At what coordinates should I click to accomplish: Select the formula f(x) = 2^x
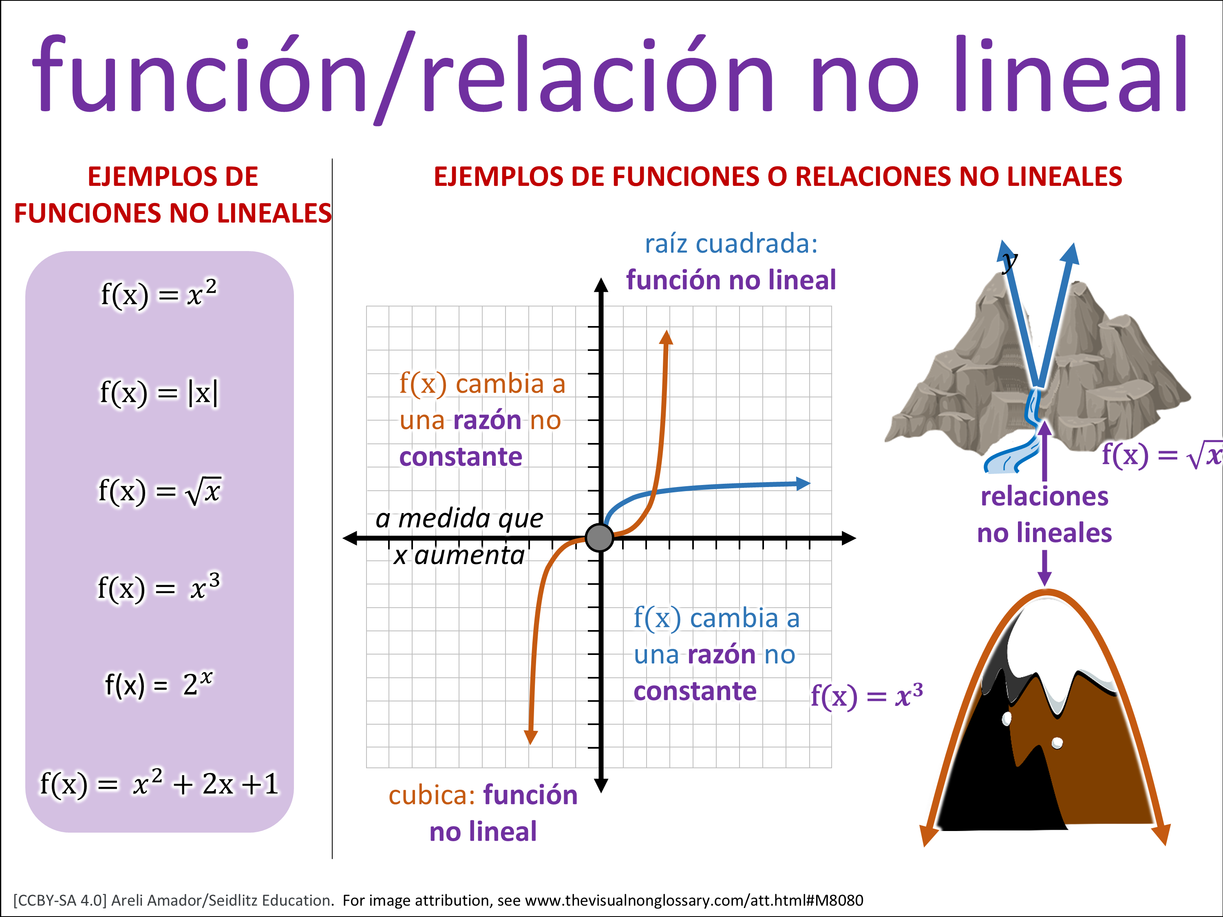159,684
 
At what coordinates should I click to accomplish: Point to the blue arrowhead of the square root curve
803,484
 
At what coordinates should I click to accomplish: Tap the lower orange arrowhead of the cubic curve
531,737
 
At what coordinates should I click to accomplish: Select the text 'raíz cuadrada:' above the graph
731,244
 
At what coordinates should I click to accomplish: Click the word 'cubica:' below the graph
432,796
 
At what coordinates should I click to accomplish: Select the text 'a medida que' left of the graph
459,518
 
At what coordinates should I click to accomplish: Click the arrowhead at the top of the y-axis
601,284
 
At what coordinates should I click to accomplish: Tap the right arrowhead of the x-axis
849,538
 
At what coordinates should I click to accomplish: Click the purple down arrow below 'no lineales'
1044,568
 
